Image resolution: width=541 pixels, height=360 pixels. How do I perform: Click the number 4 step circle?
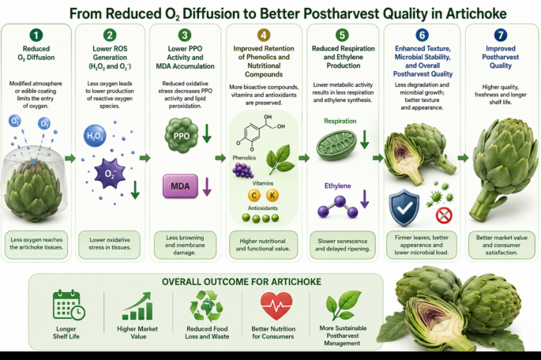coord(264,35)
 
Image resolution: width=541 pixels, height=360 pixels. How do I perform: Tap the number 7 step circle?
coord(501,35)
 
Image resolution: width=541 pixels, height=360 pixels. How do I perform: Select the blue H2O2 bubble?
coord(95,136)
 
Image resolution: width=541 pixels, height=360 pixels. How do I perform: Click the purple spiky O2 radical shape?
coord(110,174)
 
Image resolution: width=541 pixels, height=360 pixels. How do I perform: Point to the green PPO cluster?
coord(182,135)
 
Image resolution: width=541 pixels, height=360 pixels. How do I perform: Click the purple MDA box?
coord(180,186)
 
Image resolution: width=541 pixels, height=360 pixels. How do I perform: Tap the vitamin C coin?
coord(254,196)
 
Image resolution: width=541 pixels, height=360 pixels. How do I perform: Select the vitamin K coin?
coord(272,196)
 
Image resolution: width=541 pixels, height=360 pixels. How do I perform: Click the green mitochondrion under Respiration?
coord(336,145)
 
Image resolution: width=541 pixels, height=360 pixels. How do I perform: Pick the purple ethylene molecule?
coord(338,207)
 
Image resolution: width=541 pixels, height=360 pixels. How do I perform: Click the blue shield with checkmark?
coord(404,208)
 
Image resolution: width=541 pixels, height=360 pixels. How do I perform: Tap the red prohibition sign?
coord(444,216)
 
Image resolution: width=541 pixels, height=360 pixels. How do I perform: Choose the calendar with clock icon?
coord(69,305)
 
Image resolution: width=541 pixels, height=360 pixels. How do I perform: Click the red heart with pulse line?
coord(276,306)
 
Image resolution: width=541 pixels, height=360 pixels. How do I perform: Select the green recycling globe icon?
coord(206,306)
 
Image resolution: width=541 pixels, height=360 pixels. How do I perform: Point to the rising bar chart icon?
coord(137,306)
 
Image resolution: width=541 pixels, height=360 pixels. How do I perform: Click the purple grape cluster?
coord(242,170)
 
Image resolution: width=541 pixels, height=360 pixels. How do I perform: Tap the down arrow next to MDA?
coord(207,187)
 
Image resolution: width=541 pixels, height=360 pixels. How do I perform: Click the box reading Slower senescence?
coord(342,245)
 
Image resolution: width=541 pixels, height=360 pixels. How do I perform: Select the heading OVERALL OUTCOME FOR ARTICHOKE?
coord(242,282)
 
